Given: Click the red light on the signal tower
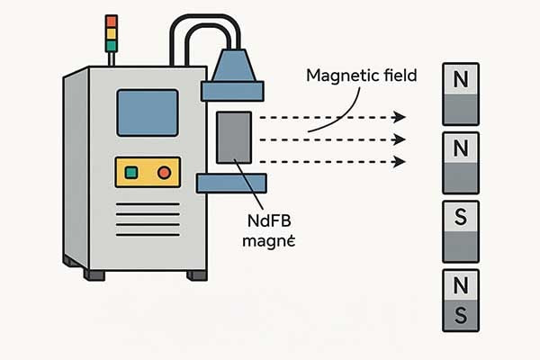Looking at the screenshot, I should click(x=112, y=21).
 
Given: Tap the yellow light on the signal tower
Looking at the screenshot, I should click(x=112, y=32).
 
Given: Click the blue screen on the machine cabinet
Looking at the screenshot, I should click(x=147, y=112).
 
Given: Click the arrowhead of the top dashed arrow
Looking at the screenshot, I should click(x=399, y=117).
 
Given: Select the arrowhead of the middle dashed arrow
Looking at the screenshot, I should click(x=399, y=139).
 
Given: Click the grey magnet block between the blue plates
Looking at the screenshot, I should click(x=233, y=138).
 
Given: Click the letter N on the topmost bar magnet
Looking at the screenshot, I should click(x=462, y=79).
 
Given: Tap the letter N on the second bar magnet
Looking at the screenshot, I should click(x=462, y=148).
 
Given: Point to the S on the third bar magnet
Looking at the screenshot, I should click(x=462, y=217).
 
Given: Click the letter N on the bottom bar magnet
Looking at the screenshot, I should click(x=462, y=285).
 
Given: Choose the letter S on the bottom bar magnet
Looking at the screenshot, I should click(x=462, y=315).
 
